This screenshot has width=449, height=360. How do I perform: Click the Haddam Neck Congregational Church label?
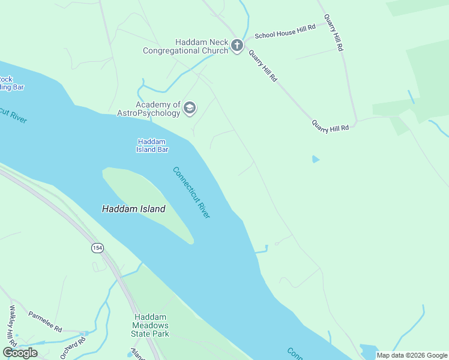(185, 46)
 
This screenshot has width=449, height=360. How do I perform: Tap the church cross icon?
(237, 46)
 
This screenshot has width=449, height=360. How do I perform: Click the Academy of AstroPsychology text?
(157, 109)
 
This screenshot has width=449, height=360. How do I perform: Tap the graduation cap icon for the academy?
(190, 108)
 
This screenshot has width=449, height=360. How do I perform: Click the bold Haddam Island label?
(133, 209)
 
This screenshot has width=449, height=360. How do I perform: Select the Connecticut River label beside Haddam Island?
(191, 192)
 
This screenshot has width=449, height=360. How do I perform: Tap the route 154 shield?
(97, 247)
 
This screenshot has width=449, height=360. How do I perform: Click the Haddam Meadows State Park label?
(151, 325)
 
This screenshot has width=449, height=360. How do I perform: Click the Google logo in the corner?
(20, 352)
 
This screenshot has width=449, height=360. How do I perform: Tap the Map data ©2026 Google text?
(412, 355)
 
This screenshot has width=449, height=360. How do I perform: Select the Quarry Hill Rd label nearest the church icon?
(262, 65)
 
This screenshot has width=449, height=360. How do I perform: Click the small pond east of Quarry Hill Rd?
(315, 159)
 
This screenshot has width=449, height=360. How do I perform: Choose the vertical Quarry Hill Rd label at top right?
(334, 33)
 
